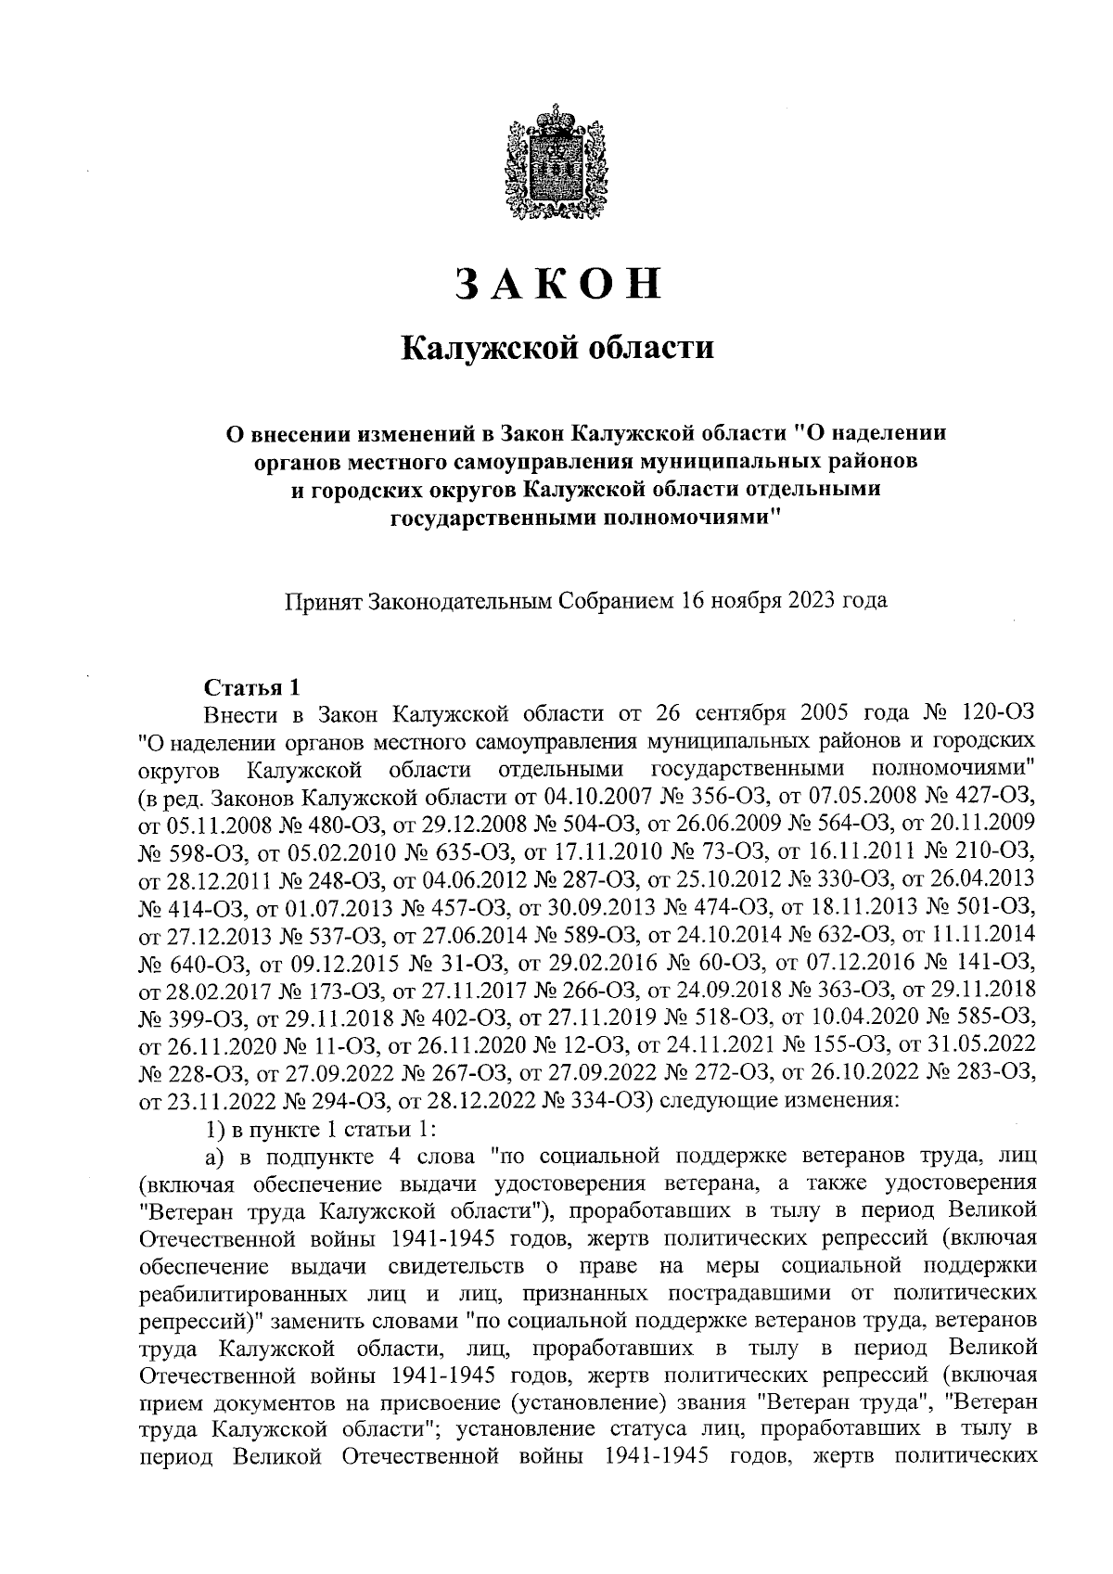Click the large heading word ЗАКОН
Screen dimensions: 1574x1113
click(556, 284)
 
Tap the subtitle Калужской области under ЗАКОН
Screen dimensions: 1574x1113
click(556, 349)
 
